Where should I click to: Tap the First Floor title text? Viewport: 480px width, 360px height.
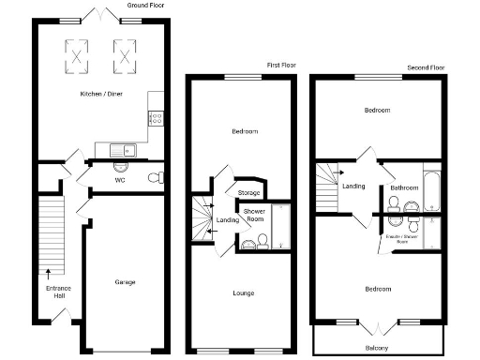[282, 66]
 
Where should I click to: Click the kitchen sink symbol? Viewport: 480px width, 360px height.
[121, 150]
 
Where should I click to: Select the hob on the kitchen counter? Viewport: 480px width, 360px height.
[156, 118]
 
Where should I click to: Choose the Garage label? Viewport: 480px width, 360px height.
[125, 282]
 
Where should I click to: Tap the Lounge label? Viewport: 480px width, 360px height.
[244, 293]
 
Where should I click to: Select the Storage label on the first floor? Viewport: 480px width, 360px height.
[248, 193]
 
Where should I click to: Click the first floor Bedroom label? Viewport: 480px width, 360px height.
[244, 131]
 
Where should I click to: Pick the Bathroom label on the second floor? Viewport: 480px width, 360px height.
[403, 187]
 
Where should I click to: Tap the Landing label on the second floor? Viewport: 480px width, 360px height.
[353, 186]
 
